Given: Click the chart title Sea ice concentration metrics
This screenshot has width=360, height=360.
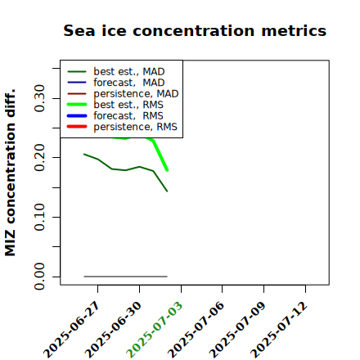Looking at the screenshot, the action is point(195,30).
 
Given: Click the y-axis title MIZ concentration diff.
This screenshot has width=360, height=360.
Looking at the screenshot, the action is point(11,173).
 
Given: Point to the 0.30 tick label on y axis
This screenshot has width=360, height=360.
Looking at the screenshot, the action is point(39,98).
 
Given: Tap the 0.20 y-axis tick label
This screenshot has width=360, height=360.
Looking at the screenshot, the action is point(39,157).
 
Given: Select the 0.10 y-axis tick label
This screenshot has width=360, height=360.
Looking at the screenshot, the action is point(39,217).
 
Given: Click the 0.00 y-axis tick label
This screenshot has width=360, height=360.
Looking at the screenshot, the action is point(39,277).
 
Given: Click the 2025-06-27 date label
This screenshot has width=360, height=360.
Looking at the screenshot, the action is point(72,330).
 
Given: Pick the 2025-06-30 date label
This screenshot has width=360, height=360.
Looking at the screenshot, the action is point(114,330).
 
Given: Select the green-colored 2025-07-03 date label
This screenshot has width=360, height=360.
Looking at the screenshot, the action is point(155,330).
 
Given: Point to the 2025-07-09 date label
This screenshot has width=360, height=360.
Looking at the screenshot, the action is point(238,330).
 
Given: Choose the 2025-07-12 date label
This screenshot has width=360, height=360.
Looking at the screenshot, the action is point(280,330).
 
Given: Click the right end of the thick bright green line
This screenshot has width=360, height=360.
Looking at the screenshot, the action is point(167,170).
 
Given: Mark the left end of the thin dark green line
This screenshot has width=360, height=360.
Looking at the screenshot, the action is point(84,154).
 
